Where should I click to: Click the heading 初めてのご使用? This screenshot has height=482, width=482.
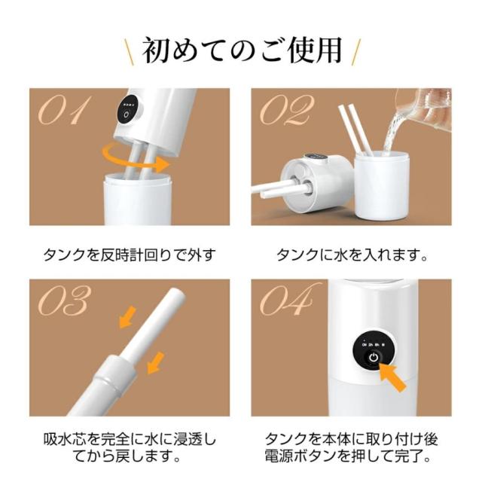243,50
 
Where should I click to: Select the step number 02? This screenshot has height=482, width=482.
287,110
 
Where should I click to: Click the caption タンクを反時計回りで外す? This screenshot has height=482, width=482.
129,255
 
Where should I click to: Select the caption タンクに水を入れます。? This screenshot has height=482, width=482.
352,255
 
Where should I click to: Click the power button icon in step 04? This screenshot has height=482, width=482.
374,358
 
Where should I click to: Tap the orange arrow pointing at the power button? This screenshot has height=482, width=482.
393,376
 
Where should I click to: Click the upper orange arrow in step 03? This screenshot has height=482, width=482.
127,317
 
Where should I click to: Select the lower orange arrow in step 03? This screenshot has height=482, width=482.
156,363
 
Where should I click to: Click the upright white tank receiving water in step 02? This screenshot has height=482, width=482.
379,186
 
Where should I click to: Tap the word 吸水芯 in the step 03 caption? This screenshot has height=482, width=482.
65,440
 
